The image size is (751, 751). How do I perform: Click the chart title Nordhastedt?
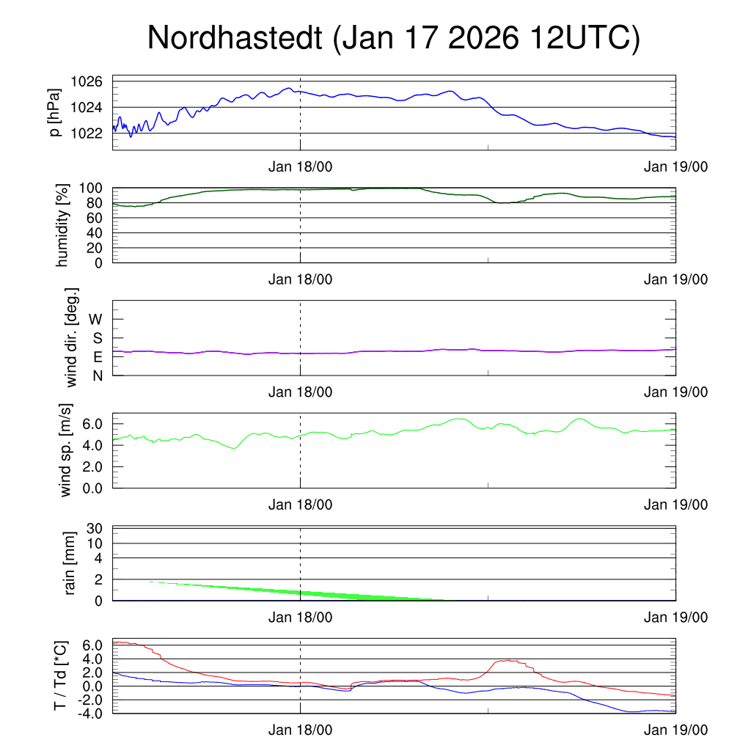pyautogui.click(x=235, y=38)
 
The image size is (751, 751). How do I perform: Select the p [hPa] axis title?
pyautogui.click(x=55, y=112)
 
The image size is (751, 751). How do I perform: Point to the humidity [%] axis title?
pyautogui.click(x=62, y=225)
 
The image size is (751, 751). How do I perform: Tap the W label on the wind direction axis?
pyautogui.click(x=96, y=319)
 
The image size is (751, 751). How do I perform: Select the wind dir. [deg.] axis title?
pyautogui.click(x=71, y=337)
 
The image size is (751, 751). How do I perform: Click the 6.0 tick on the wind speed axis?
pyautogui.click(x=92, y=424)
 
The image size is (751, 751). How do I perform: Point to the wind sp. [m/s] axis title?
pyautogui.click(x=67, y=451)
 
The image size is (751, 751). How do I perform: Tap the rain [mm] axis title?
pyautogui.click(x=71, y=564)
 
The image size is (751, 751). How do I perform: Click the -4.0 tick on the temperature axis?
pyautogui.click(x=90, y=713)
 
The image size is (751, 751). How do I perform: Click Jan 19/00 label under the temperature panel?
pyautogui.click(x=675, y=730)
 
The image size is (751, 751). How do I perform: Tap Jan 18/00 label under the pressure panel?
pyautogui.click(x=300, y=167)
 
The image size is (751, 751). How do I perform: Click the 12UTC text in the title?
pyautogui.click(x=577, y=38)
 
